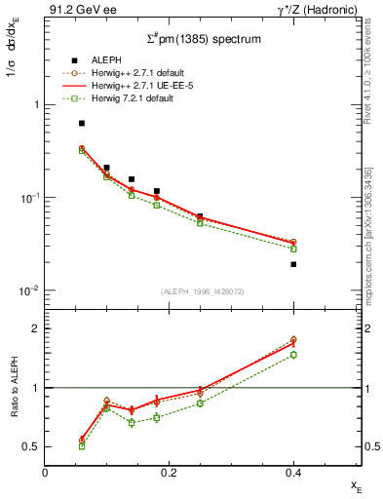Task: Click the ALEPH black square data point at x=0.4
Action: (x=293, y=264)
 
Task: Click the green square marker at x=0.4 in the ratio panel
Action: (x=293, y=355)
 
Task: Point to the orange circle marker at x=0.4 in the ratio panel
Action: (x=293, y=340)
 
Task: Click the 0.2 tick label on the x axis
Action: (x=169, y=472)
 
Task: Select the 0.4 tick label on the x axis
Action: (x=293, y=472)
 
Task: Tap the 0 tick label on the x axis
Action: (x=45, y=472)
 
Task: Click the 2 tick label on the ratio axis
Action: (x=34, y=328)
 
